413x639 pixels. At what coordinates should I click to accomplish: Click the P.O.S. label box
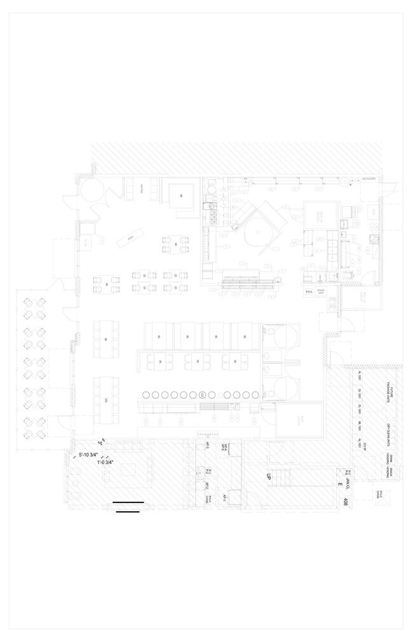point(310,292)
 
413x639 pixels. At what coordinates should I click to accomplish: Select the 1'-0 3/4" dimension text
point(105,463)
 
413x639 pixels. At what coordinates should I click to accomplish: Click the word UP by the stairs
point(269,476)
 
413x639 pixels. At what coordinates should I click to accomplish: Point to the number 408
point(345,503)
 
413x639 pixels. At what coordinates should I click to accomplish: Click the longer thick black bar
point(128,502)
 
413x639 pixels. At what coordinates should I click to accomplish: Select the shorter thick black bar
point(128,511)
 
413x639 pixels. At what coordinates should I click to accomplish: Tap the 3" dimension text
point(100,441)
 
